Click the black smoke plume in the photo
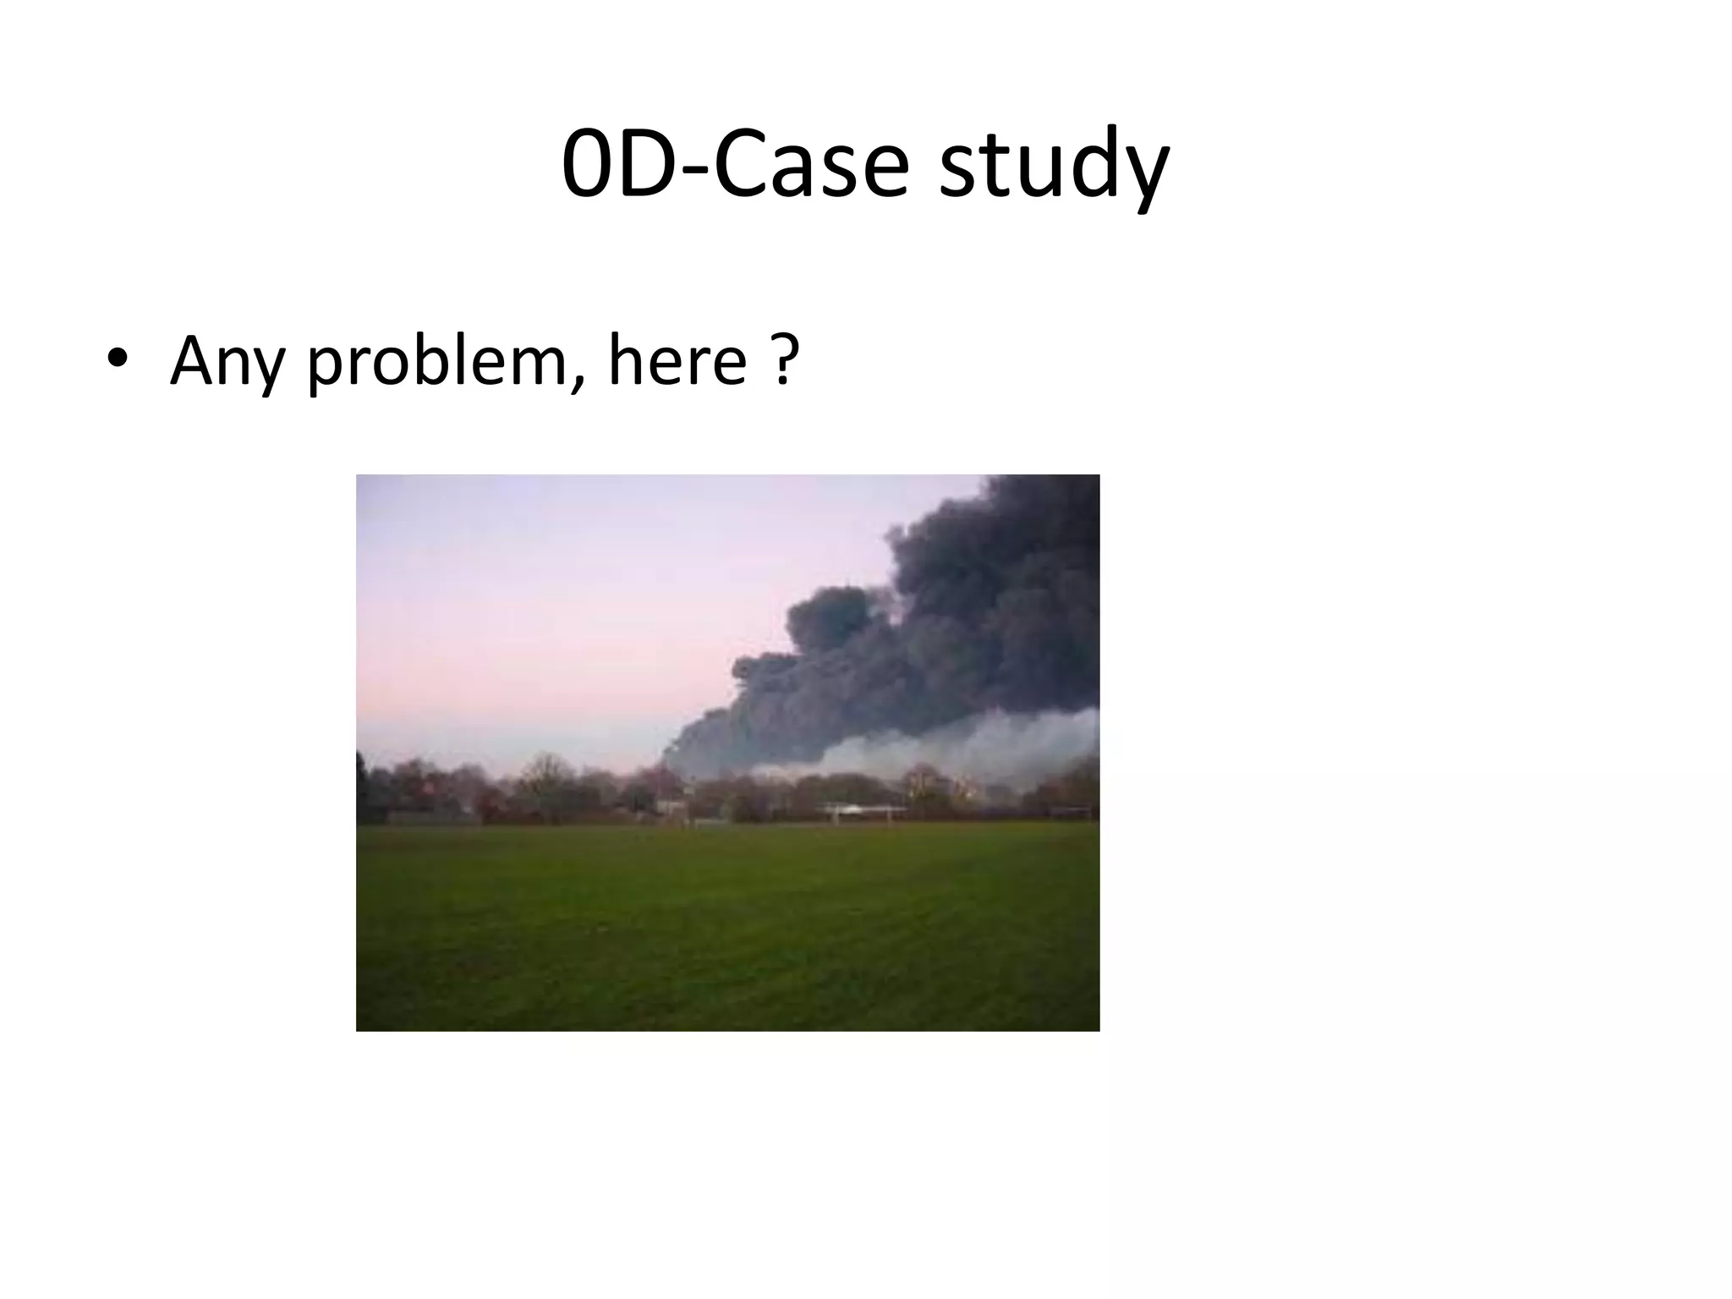973,617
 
